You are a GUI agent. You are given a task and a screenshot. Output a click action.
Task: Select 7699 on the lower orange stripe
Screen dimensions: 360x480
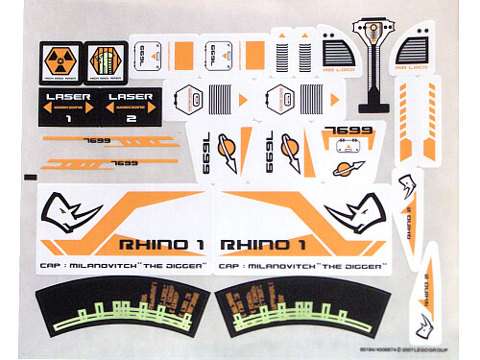tap(122, 163)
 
